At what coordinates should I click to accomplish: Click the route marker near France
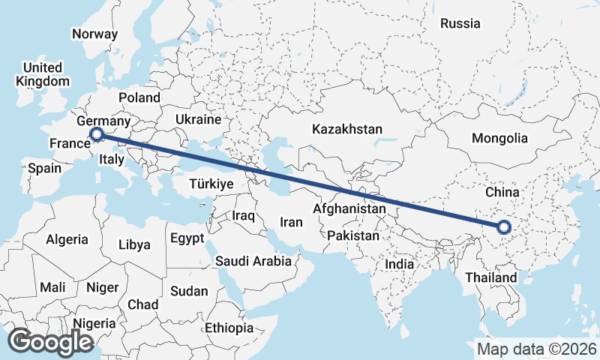[96, 134]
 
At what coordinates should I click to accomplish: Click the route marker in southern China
[503, 226]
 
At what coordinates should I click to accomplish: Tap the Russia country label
[460, 23]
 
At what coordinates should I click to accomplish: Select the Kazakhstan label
[347, 129]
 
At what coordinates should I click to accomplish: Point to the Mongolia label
[499, 138]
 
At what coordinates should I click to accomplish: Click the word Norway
[94, 34]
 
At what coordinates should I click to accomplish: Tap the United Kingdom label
[43, 74]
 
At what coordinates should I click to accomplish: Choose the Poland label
[139, 97]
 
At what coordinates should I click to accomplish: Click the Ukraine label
[198, 119]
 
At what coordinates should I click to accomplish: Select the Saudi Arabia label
[253, 261]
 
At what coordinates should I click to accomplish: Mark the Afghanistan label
[349, 208]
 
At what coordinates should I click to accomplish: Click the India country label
[400, 264]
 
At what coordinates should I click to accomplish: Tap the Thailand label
[491, 277]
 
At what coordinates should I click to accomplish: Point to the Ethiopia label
[229, 328]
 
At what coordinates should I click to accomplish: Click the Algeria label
[67, 240]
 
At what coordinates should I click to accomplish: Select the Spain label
[44, 168]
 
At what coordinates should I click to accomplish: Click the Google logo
[50, 341]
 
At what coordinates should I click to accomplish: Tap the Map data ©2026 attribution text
[536, 349]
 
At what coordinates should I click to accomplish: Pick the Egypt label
[187, 238]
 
